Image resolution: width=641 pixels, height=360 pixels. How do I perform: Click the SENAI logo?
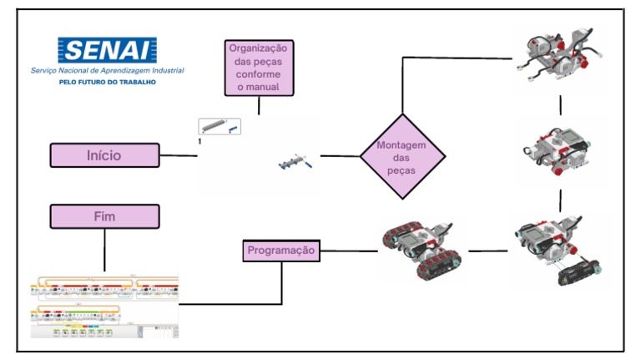point(107,50)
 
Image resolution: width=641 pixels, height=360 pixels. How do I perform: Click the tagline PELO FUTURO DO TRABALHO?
point(107,82)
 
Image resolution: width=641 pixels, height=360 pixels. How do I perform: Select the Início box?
point(104,155)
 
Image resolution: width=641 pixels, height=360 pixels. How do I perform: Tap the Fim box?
point(104,216)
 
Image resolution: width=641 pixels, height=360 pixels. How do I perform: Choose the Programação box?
point(281,250)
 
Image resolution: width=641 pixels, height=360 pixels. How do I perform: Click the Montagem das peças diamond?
point(402,156)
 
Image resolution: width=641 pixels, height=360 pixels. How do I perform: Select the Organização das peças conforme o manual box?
point(258,67)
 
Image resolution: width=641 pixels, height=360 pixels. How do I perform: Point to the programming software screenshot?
point(104,306)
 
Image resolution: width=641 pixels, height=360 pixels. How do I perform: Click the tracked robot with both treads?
point(418,248)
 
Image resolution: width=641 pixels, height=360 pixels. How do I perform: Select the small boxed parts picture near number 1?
point(220,126)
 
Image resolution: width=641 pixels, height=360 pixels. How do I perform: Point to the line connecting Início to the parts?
point(178,155)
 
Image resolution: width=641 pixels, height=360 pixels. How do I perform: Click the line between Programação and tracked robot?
point(346,250)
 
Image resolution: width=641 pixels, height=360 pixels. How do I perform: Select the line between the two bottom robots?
point(488,250)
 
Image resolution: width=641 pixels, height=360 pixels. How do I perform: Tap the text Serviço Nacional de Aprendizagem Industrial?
point(107,71)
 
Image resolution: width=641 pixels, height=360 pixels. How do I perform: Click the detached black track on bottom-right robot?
point(580,266)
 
